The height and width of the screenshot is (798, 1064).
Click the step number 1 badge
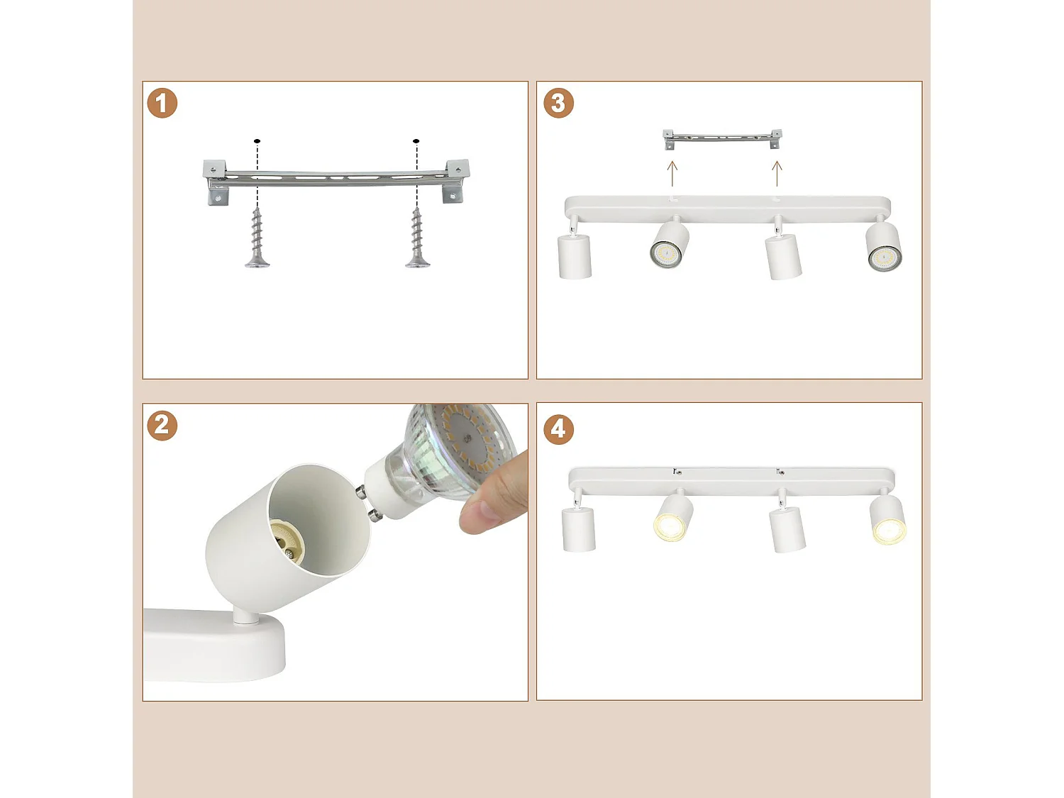click(x=162, y=104)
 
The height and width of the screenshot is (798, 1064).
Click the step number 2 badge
click(x=162, y=426)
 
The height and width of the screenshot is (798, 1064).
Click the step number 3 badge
click(x=558, y=104)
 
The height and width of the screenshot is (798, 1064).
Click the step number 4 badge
click(x=558, y=429)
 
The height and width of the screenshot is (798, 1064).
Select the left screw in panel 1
click(x=257, y=238)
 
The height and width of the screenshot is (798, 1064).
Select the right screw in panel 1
click(x=417, y=238)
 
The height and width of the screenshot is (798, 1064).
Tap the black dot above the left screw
click(x=257, y=141)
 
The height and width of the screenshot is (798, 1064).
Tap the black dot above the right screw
click(x=416, y=141)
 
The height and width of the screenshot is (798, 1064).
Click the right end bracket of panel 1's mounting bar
click(x=455, y=181)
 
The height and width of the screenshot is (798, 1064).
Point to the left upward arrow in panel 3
click(x=672, y=173)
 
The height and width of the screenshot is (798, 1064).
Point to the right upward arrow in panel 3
click(x=777, y=173)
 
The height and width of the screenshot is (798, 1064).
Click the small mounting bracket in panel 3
click(x=722, y=139)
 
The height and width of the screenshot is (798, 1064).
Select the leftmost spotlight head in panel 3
click(x=575, y=255)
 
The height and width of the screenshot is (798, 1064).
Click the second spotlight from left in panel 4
click(x=672, y=518)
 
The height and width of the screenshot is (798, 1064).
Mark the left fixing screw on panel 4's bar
click(x=677, y=472)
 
